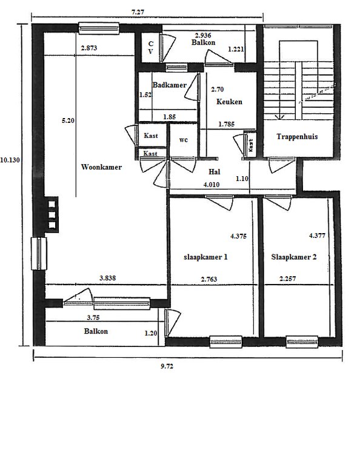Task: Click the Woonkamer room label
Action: (101, 167)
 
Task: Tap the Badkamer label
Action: (170, 85)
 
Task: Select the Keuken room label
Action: (229, 102)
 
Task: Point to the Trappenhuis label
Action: (297, 137)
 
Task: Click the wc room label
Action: (184, 140)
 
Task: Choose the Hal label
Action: (215, 172)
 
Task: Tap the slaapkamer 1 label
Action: (205, 257)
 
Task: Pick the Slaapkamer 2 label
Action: (293, 257)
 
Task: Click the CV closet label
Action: (151, 48)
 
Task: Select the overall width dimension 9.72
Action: (167, 366)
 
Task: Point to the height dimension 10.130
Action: (10, 160)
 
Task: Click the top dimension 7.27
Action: (138, 12)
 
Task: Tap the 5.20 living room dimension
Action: (68, 120)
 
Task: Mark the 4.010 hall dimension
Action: (212, 185)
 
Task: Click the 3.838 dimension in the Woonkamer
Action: (107, 278)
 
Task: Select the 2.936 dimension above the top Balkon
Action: (203, 36)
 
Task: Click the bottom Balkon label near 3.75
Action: (96, 331)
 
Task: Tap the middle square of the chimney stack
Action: (52, 214)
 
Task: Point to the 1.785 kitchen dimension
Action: (227, 124)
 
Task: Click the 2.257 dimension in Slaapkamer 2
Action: (288, 279)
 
